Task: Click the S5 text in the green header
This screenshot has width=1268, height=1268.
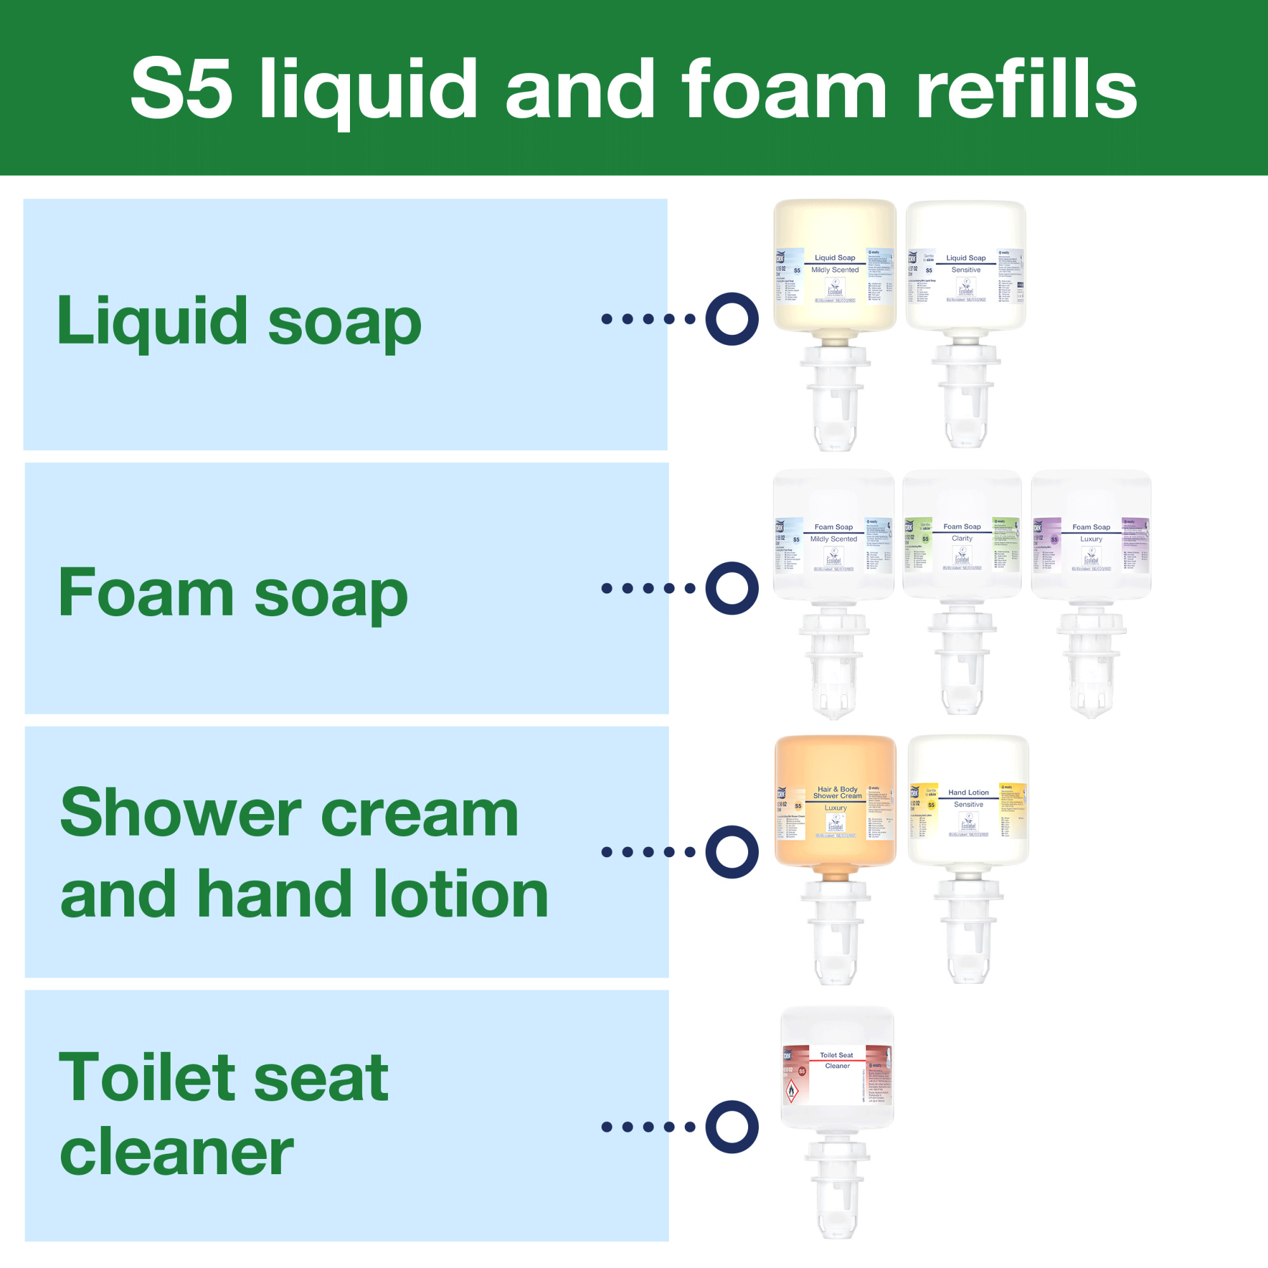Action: tap(181, 89)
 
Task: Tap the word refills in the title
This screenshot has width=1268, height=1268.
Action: tap(1026, 89)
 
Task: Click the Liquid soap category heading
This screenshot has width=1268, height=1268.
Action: tap(239, 321)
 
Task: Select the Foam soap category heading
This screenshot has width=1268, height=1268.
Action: tap(233, 593)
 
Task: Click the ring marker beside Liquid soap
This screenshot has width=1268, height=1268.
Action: tap(732, 319)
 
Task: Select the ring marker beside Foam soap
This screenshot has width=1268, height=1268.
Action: tap(732, 588)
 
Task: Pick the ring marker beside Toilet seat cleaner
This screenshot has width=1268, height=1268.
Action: tap(732, 1127)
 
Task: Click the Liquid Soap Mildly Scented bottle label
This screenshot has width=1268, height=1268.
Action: tap(835, 276)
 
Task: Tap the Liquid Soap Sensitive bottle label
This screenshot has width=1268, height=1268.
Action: tap(966, 276)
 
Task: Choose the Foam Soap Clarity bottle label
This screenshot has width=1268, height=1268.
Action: tap(962, 545)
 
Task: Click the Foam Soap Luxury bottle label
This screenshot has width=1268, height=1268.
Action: tap(1090, 545)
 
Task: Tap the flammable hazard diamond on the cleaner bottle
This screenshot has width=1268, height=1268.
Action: tap(792, 1092)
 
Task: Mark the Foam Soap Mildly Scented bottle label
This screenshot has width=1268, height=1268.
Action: tap(834, 545)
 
